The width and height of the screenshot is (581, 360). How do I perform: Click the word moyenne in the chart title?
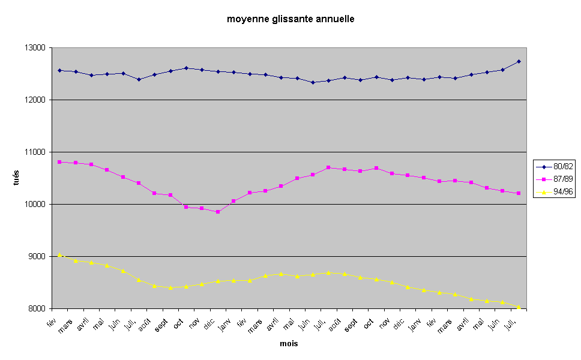pos(246,19)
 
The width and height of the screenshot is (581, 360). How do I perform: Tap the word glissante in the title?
pos(290,19)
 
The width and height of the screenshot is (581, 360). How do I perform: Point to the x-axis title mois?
pos(289,344)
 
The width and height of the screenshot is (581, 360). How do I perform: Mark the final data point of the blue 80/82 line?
pos(519,61)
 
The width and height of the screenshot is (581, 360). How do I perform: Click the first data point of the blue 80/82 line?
pos(59,70)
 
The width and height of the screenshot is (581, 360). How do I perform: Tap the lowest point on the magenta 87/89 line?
pos(218,212)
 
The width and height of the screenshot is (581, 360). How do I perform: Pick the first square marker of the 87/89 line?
pos(59,162)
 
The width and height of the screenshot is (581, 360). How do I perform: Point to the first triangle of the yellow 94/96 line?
pos(59,254)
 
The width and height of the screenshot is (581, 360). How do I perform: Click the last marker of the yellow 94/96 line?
pos(519,307)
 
